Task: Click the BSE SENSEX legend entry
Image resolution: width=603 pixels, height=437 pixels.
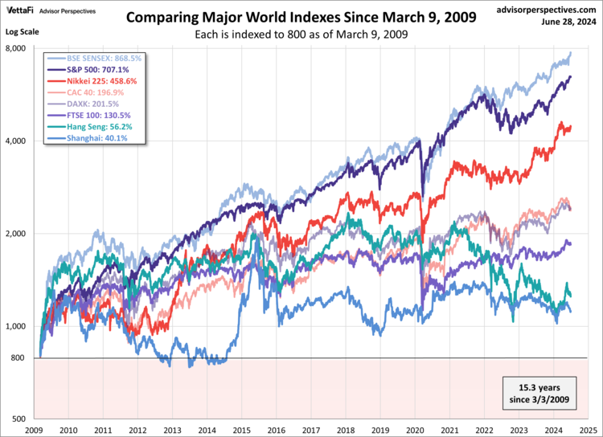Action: pos(92,59)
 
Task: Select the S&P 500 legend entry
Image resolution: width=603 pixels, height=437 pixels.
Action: pos(88,70)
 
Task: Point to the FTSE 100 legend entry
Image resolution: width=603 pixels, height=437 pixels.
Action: pos(89,115)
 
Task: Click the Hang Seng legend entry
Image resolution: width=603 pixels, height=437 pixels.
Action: pos(91,126)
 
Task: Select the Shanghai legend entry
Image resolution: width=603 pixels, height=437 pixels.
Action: pos(88,137)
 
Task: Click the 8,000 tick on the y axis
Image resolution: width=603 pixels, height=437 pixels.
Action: pos(17,49)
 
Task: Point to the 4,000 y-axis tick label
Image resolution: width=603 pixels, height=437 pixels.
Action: pos(17,141)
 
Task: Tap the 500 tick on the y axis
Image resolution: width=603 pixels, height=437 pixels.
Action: pos(21,419)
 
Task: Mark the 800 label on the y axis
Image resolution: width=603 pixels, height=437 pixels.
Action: pos(21,357)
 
